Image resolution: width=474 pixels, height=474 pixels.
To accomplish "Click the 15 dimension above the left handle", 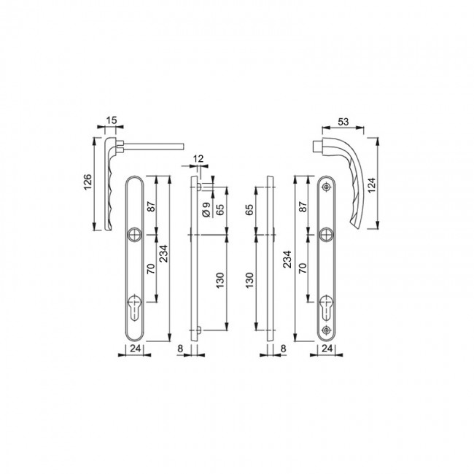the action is point(112,120).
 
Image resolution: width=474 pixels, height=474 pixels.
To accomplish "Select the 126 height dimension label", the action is point(88,182).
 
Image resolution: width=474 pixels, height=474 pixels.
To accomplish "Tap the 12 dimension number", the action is point(198,159).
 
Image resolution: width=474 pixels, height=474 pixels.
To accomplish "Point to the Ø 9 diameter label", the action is point(206,209).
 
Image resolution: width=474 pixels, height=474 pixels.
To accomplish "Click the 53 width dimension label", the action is point(343,122).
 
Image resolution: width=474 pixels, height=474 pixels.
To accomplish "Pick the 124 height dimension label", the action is point(371,185).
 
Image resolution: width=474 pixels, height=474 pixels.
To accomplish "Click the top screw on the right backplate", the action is point(326,187).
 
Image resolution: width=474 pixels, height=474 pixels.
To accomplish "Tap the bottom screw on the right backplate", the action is point(326,330).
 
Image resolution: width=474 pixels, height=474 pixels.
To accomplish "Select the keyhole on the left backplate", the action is point(133,306).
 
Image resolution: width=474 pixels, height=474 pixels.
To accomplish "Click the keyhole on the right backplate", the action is point(326,306).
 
